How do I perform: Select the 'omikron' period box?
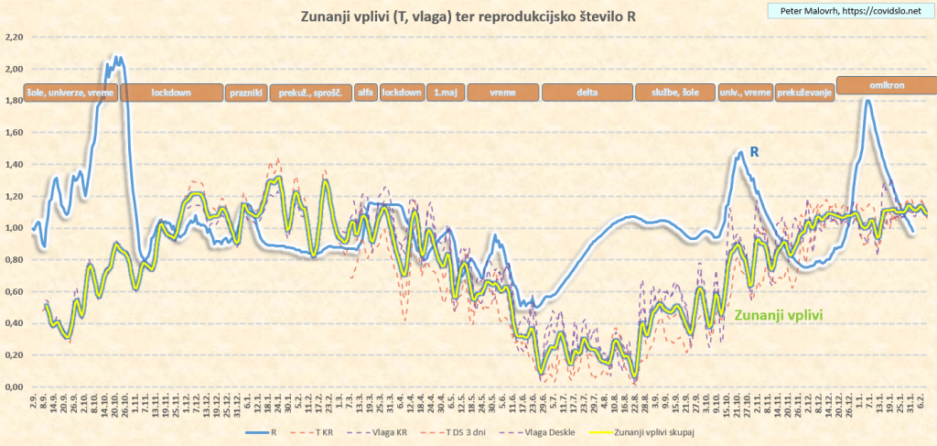(886, 84)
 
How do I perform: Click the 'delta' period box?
(587, 92)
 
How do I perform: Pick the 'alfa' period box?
(366, 92)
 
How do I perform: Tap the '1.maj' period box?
(446, 92)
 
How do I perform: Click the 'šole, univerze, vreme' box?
(70, 92)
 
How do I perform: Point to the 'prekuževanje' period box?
(804, 92)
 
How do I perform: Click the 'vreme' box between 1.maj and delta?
(503, 92)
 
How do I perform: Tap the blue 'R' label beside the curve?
(755, 151)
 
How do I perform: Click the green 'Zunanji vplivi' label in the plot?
(780, 315)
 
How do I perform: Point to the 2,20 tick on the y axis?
(13, 38)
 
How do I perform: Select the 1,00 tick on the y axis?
(13, 228)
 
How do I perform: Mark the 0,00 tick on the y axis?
(13, 386)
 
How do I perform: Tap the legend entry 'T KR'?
(321, 429)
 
